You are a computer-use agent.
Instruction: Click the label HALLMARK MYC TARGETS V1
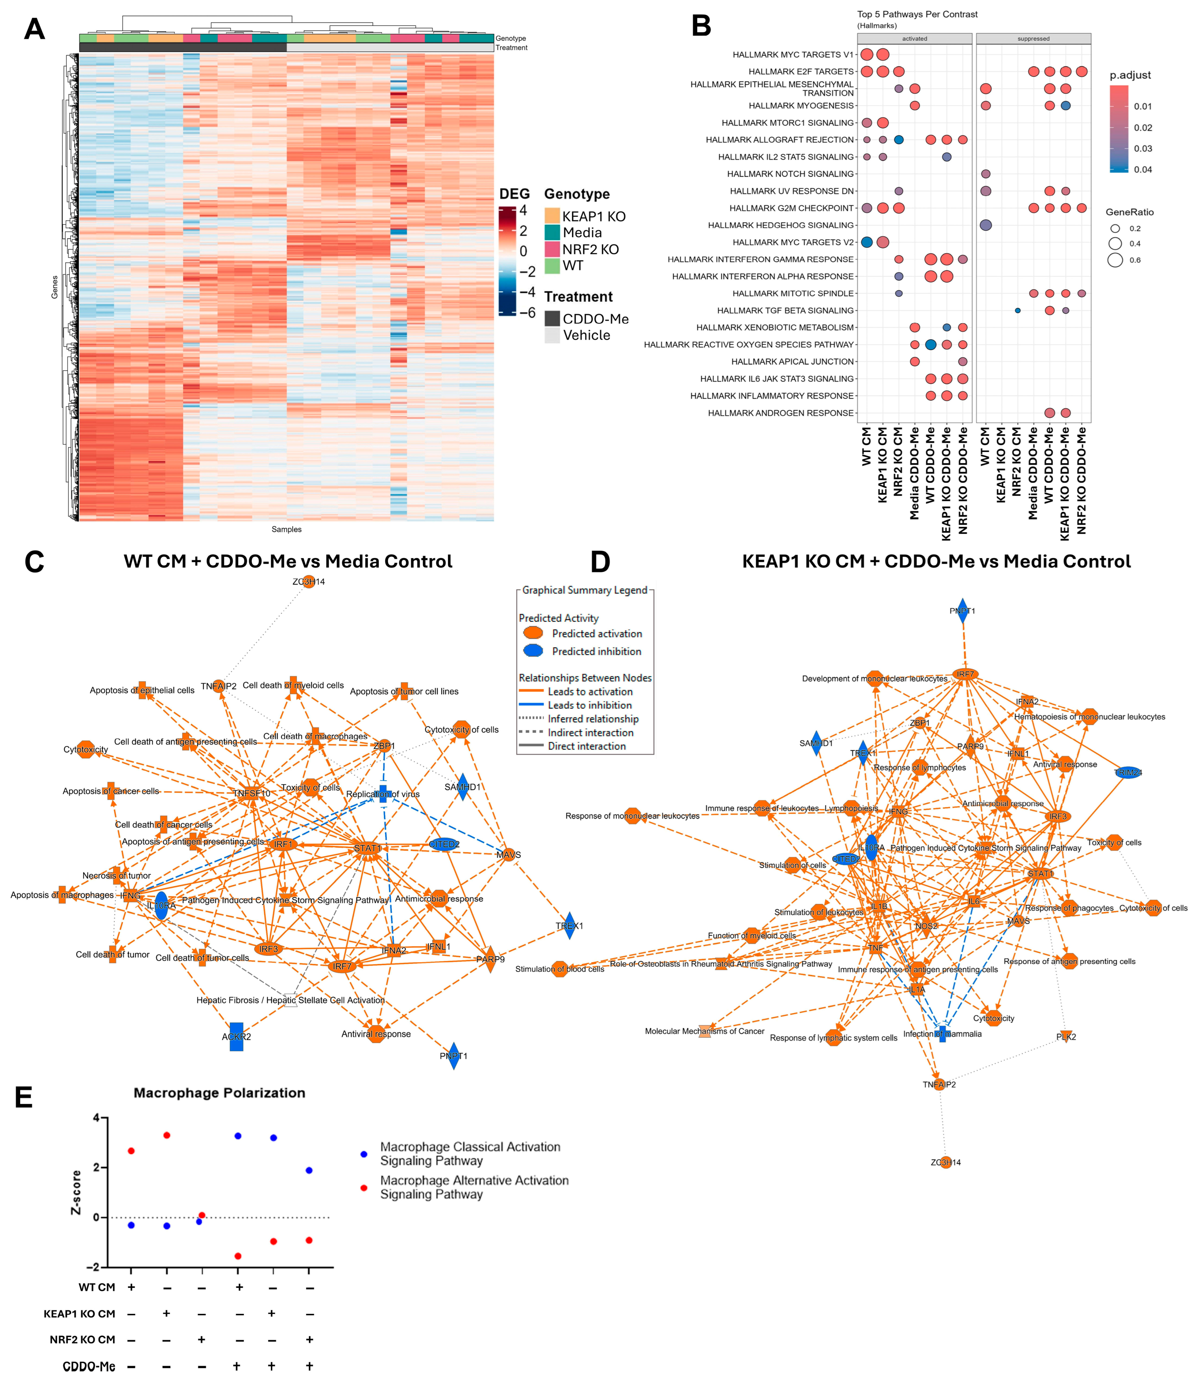tap(793, 55)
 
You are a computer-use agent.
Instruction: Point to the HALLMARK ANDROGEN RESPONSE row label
tap(781, 413)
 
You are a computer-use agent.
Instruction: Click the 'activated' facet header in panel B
tap(914, 39)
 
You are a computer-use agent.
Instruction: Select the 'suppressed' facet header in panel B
tap(1033, 39)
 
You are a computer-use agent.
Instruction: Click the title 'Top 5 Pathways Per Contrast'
tap(917, 14)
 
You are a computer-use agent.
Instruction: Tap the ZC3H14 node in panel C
tap(308, 582)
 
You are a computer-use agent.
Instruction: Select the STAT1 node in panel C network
tap(367, 849)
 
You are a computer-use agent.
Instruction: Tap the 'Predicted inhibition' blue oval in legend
tap(533, 651)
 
